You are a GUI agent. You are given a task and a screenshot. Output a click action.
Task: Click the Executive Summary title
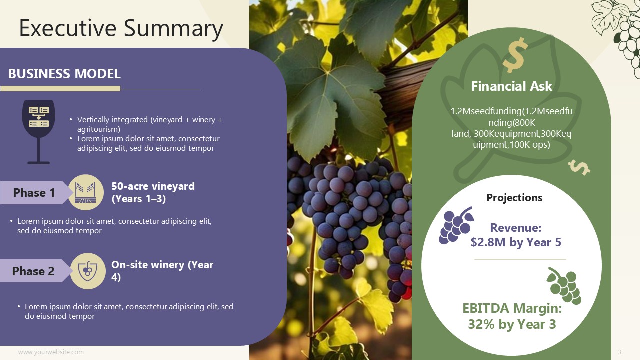click(121, 29)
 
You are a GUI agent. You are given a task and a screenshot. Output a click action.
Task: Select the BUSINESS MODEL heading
click(64, 73)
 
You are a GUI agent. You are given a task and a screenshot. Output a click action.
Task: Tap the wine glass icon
click(39, 132)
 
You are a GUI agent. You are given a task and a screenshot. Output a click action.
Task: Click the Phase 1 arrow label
click(34, 193)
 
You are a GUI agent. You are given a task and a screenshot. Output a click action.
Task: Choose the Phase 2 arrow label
click(33, 271)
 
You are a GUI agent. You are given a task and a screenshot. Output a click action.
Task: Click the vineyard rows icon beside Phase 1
click(86, 192)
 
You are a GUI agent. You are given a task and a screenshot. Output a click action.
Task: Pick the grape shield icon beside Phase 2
click(87, 271)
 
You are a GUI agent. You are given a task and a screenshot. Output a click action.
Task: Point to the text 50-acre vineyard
click(153, 186)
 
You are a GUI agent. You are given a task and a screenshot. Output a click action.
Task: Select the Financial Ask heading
click(511, 86)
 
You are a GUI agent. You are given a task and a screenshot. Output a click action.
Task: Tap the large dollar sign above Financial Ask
click(515, 55)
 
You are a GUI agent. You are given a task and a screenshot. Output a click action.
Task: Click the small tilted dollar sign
click(579, 167)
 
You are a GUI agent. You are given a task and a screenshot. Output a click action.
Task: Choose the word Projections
click(514, 197)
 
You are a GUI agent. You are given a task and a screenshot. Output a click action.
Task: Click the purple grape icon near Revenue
click(456, 225)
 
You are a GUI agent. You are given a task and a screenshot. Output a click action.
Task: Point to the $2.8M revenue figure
click(482, 242)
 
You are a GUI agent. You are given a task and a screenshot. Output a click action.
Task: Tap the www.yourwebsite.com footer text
click(51, 352)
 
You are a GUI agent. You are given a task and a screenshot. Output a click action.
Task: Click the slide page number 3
click(619, 352)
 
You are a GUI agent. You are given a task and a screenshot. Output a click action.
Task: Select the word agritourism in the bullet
click(99, 129)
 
